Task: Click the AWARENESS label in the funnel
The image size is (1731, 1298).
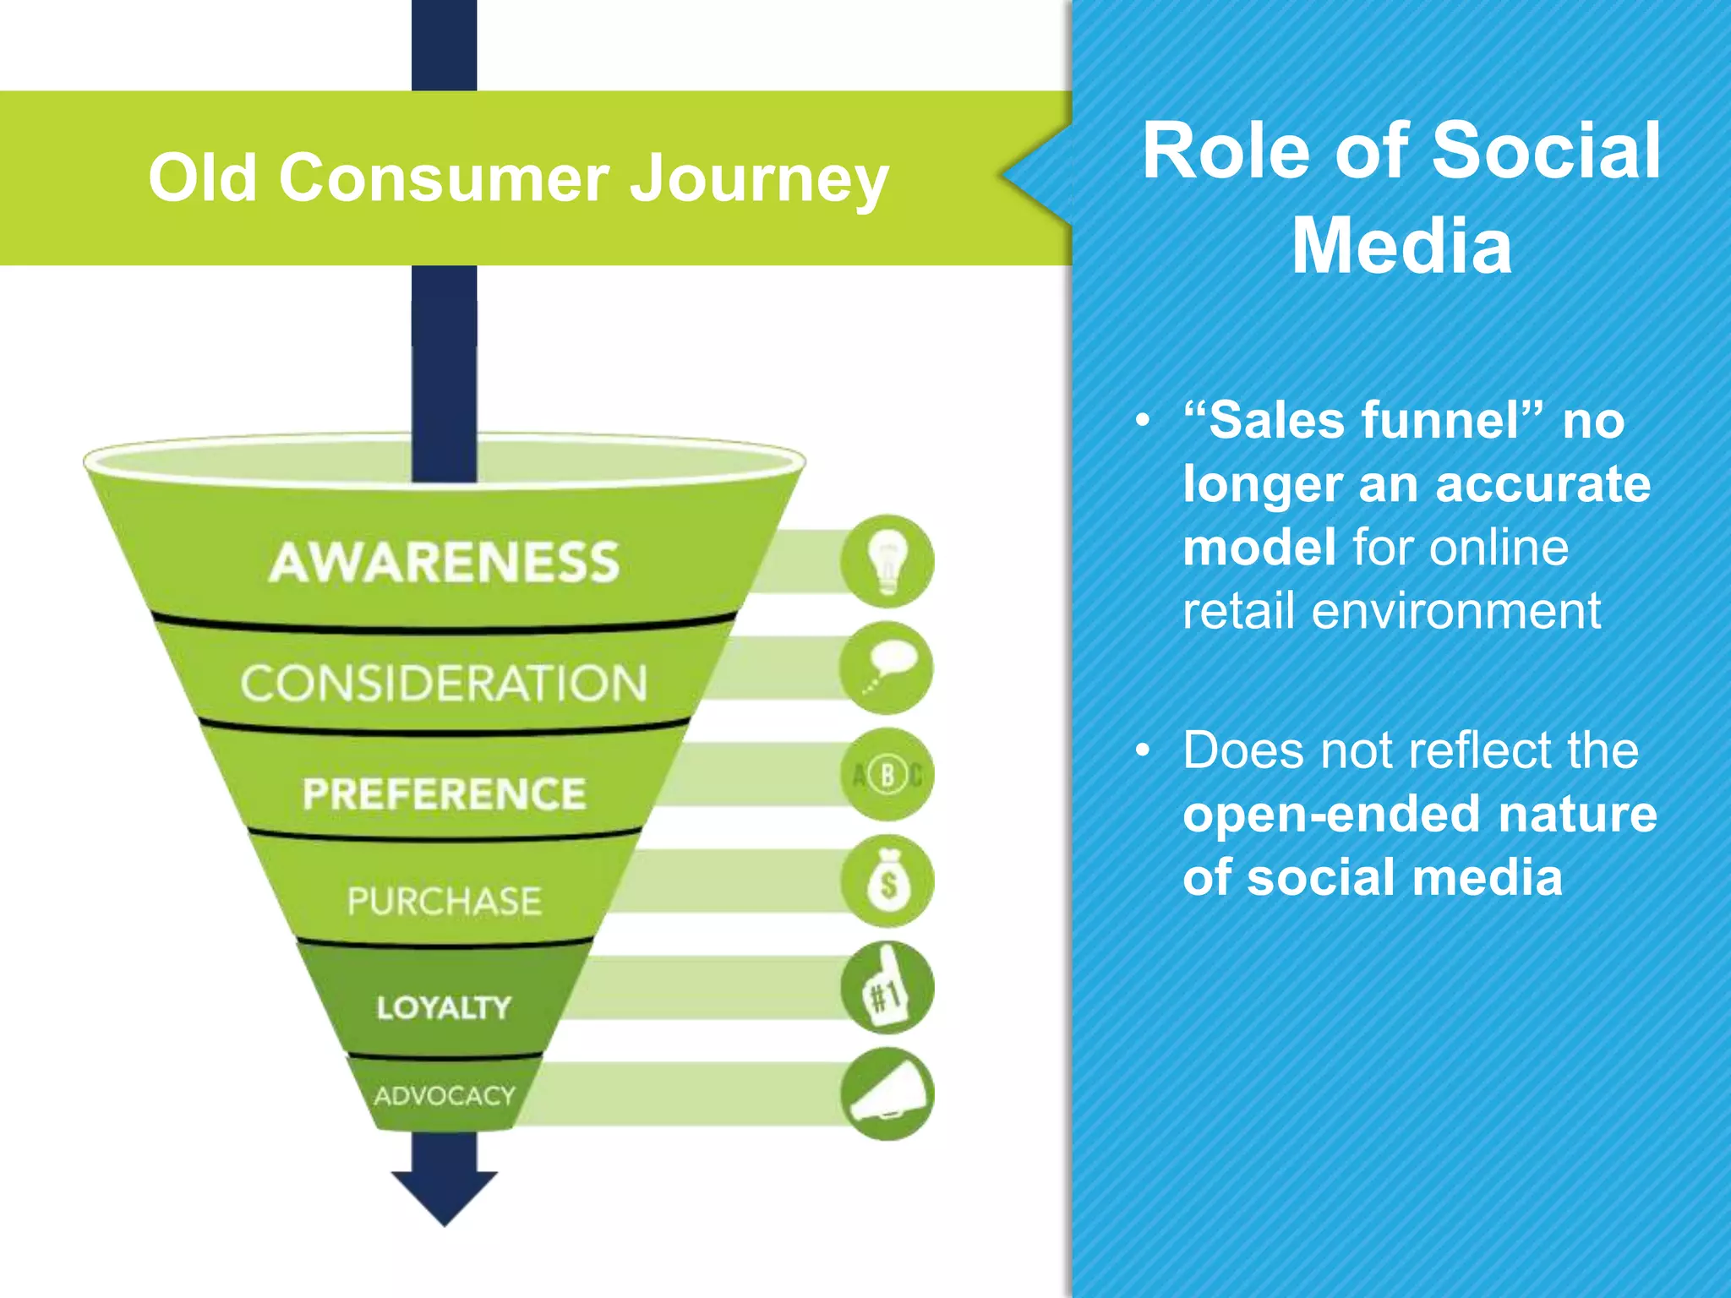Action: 444,563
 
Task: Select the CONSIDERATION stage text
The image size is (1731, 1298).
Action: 444,683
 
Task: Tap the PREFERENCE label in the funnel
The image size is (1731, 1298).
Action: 444,794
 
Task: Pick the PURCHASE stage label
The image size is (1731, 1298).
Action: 444,901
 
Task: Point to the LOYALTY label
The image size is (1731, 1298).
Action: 444,1007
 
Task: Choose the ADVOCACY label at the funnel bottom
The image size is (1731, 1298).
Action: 444,1096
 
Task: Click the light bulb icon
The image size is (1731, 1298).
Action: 887,561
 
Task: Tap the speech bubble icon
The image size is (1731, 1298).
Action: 886,668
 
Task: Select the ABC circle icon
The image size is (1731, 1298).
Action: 887,774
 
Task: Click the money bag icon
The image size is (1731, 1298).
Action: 887,881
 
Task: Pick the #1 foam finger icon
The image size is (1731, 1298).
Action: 887,988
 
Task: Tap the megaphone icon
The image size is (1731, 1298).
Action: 887,1094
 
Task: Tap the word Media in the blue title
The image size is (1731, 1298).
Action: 1401,246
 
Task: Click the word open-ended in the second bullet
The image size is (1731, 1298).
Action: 1330,815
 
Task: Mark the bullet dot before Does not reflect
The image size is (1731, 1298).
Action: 1144,750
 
